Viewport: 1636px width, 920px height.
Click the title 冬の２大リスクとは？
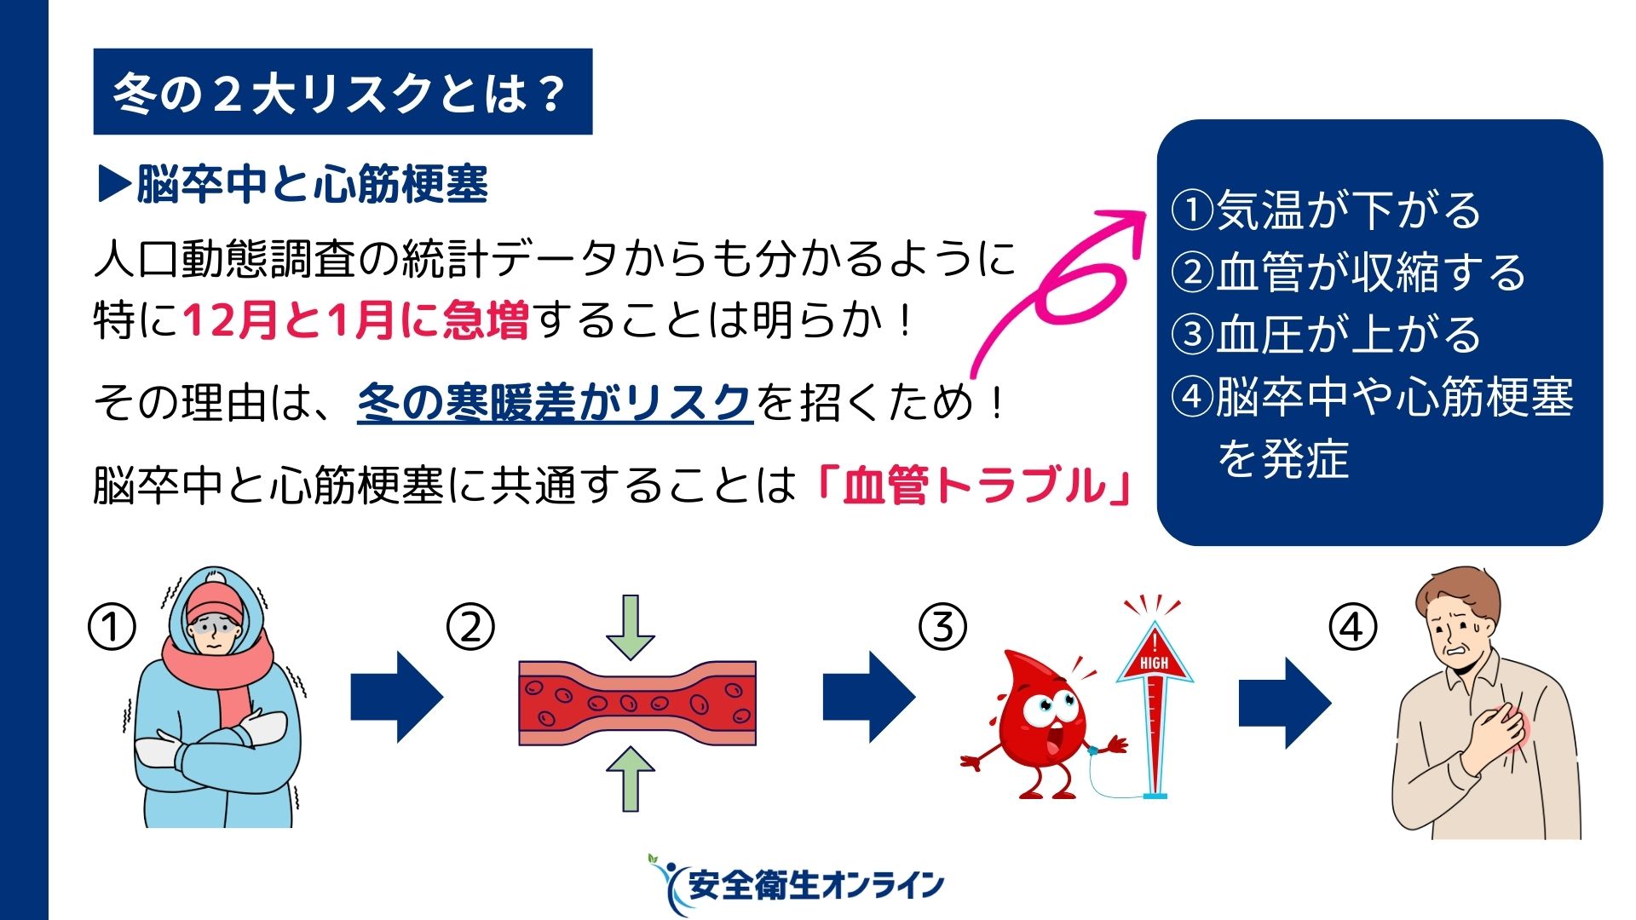coord(339,93)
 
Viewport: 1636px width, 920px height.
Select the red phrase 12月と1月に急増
coord(356,320)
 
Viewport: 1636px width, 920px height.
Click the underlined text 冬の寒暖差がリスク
coord(555,402)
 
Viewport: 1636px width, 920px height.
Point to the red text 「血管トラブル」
coord(974,486)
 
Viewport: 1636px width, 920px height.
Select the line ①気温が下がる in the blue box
coord(1327,210)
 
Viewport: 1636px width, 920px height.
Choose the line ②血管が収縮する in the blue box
coord(1349,272)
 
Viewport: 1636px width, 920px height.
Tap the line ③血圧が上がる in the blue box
coord(1327,334)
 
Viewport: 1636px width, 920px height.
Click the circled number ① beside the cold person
coord(112,628)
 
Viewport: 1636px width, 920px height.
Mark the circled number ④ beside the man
coord(1353,628)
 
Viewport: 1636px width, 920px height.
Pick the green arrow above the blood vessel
coord(631,629)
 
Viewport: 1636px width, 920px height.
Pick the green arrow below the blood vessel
coord(631,779)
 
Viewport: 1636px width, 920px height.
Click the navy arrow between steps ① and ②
coord(397,698)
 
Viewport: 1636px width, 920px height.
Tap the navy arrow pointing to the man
coord(1285,703)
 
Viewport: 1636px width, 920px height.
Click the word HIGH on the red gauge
coord(1155,663)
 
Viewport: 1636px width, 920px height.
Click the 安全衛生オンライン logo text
coord(816,885)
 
